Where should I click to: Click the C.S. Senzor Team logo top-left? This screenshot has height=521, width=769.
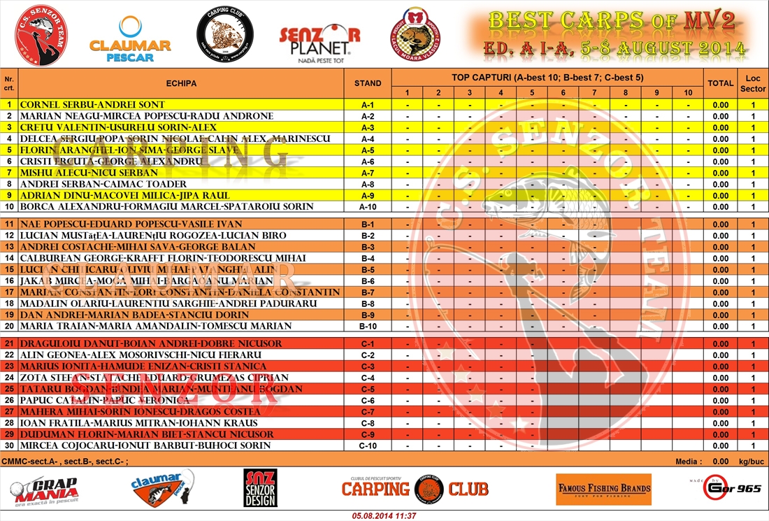tap(41, 35)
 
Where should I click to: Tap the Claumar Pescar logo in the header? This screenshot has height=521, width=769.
tap(130, 39)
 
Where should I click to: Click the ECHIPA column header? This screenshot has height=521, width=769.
tap(181, 83)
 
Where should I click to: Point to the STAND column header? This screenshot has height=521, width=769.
tap(368, 83)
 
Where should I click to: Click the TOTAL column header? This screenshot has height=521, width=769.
tap(720, 83)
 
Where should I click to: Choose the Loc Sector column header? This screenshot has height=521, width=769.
tap(753, 83)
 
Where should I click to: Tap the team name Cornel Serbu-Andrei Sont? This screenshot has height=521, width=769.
tap(92, 105)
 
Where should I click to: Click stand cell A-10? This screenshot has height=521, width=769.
tap(368, 207)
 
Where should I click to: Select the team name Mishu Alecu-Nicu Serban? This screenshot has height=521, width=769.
tap(89, 173)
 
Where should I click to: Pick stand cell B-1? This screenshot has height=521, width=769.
tap(368, 224)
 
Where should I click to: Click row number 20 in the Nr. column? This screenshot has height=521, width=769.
tap(9, 326)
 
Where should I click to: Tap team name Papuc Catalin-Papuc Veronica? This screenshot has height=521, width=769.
tap(105, 400)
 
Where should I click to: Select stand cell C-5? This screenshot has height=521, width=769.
tap(368, 389)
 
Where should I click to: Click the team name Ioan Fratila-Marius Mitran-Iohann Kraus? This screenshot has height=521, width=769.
tap(139, 423)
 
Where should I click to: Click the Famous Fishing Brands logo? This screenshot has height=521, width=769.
tap(603, 489)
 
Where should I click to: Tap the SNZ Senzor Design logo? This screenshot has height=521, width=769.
tap(260, 487)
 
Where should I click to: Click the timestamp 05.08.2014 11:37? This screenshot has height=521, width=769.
tap(384, 515)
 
